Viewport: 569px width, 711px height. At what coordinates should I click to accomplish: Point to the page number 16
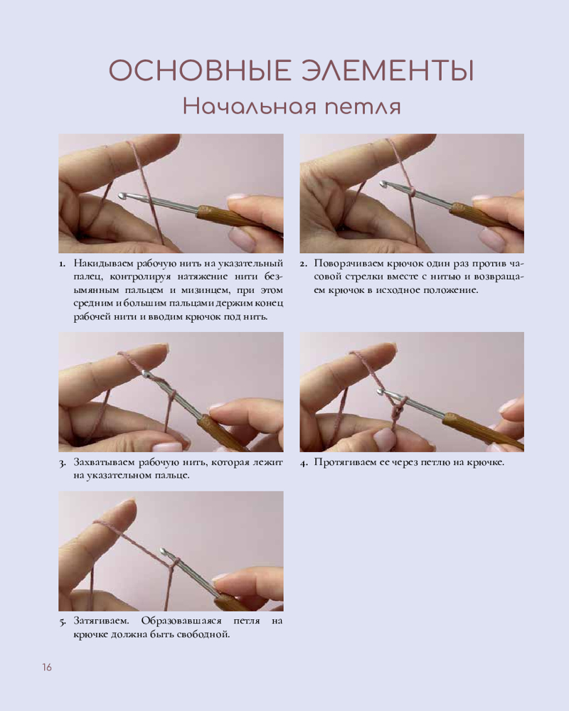click(x=47, y=668)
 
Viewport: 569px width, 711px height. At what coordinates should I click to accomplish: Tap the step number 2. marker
click(x=304, y=264)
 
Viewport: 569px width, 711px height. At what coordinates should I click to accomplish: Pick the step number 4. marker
click(x=304, y=463)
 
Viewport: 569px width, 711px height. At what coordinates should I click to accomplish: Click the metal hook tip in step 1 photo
click(x=122, y=196)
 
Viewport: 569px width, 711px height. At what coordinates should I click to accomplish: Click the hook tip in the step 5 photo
click(x=164, y=551)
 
